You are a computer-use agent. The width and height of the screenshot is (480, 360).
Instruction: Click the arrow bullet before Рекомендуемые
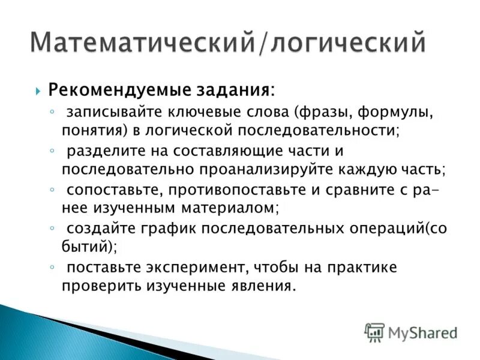point(38,92)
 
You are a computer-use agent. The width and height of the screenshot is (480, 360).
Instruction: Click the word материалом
point(227,208)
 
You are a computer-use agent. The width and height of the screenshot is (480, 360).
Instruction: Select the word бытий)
point(89,247)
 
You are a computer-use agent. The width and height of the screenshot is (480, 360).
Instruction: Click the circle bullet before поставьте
point(53,266)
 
